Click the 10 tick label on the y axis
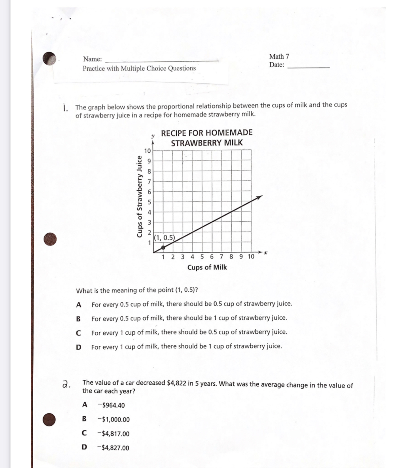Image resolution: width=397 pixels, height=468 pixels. click(147, 151)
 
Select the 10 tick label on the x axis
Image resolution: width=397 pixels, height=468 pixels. click(251, 257)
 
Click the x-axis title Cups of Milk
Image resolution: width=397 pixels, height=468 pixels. click(207, 268)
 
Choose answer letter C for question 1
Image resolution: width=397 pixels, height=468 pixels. click(78, 333)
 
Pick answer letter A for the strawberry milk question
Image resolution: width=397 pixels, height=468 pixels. click(79, 305)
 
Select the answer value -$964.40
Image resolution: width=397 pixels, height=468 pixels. click(111, 405)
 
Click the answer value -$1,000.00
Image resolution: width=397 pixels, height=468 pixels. click(113, 419)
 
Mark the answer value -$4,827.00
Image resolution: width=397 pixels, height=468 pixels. click(113, 448)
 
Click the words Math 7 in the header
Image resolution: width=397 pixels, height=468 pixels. click(279, 56)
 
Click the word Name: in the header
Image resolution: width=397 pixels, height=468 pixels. click(92, 59)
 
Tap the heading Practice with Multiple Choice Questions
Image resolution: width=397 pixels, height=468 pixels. click(139, 68)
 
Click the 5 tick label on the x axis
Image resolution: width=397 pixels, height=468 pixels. click(202, 257)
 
